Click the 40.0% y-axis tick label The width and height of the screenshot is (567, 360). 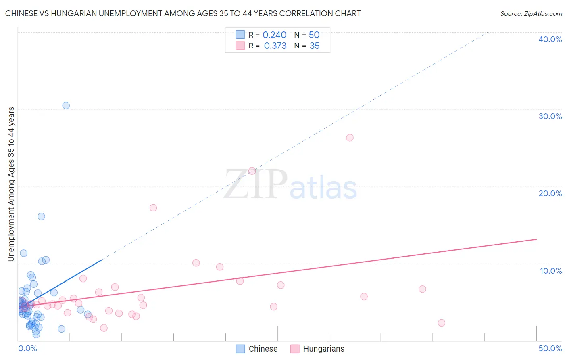550,39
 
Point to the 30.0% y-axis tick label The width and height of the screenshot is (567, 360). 550,116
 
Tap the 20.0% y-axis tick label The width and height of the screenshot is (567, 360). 550,193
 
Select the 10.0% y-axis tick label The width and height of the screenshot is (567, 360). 550,271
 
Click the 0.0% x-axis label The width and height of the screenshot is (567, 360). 27,348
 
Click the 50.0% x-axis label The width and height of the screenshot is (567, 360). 550,348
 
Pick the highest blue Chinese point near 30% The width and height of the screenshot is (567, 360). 66,105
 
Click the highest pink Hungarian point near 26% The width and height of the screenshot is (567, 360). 350,138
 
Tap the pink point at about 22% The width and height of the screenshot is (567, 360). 252,171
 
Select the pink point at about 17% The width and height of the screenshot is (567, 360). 153,208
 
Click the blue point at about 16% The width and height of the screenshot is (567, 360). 41,216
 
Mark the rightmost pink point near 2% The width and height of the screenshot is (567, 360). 441,323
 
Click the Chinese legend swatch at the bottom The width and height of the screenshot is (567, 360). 240,349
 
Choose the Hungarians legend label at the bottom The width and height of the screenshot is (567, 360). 323,349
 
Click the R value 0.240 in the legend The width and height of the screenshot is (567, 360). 274,35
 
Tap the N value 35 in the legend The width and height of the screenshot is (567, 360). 315,46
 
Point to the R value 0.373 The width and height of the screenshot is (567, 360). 275,46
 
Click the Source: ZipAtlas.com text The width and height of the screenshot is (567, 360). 531,14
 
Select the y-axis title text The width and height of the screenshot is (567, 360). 11,184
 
